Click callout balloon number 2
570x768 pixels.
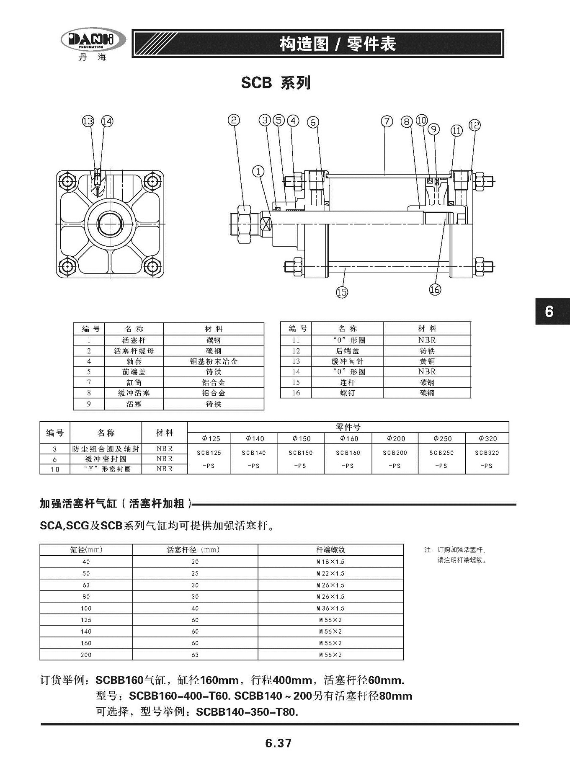pos(234,120)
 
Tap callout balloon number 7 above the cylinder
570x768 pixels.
pos(387,121)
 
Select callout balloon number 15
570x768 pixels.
pos(342,292)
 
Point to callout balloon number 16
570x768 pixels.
pos(435,289)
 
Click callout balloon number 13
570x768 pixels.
pos(88,121)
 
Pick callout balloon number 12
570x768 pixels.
pos(474,125)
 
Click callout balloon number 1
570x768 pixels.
pos(258,171)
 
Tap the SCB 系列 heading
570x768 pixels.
pos(276,83)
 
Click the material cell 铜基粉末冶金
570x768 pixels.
pos(214,361)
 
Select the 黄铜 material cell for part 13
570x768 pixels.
pos(427,361)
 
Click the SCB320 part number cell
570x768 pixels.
pos(487,453)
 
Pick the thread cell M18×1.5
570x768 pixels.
pos(330,562)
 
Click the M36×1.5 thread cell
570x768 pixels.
pos(330,608)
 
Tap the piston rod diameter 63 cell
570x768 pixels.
pos(195,655)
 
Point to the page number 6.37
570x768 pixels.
pos(278,743)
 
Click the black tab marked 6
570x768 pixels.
pos(552,312)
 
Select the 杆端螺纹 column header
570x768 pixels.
pos(330,549)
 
